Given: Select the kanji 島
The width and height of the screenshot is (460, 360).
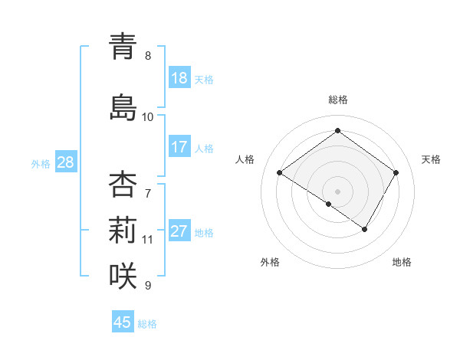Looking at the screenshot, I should coord(123,106).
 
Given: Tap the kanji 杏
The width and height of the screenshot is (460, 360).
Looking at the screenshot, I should coord(123,185).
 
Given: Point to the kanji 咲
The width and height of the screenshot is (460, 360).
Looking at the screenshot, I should coord(123,273).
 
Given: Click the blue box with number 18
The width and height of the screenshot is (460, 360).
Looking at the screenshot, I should coord(179,78).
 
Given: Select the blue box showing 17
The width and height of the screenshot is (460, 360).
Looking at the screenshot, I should coord(179,147).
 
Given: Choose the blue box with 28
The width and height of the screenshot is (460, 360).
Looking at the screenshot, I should coord(65,162).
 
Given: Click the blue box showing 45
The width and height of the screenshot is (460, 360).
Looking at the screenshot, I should coord(123,322).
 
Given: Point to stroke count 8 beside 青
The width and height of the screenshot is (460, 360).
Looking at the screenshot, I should coord(148,56).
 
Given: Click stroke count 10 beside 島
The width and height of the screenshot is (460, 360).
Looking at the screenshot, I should coord(147,117).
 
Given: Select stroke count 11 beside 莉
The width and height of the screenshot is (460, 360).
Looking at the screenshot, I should coord(147,240).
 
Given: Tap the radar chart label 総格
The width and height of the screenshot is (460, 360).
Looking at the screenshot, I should coord(337,100).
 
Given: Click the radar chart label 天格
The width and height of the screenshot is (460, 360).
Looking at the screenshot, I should coord(431,159).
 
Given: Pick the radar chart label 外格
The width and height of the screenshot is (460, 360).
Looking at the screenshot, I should coord(270,263).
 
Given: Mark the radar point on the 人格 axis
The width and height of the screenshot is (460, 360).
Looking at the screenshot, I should coord(280,173).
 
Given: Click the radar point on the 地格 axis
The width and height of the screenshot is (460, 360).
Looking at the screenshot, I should coord(365,229).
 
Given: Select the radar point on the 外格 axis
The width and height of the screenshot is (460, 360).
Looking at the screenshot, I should coord(329,204).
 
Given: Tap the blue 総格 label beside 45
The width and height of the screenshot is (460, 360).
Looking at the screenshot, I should coord(147,324).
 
